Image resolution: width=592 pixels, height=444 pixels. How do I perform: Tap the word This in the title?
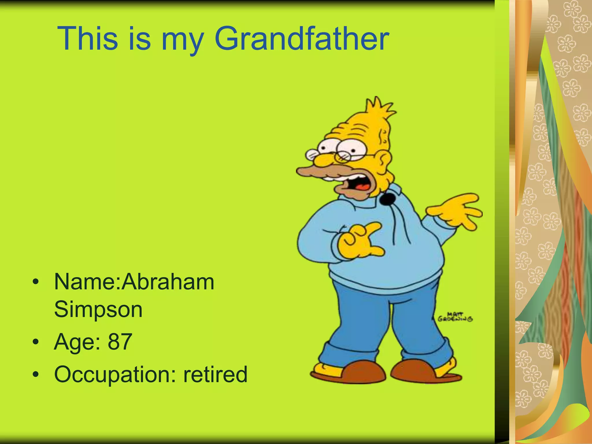pyautogui.click(x=88, y=39)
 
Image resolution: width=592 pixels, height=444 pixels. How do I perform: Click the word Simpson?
pyautogui.click(x=98, y=309)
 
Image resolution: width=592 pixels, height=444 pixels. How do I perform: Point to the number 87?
pyautogui.click(x=120, y=342)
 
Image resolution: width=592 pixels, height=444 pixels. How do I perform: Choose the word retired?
pyautogui.click(x=215, y=374)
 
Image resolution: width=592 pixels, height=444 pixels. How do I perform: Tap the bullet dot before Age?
pyautogui.click(x=36, y=342)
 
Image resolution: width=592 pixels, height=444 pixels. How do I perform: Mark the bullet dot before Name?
pyautogui.click(x=36, y=282)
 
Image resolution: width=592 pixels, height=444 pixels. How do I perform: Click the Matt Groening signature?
pyautogui.click(x=455, y=317)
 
